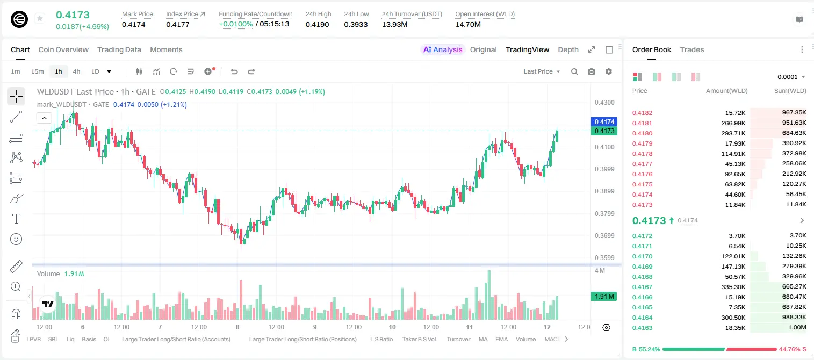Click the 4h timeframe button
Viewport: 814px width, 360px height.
76,71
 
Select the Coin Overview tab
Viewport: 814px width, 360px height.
63,50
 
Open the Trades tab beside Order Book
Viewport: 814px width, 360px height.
692,50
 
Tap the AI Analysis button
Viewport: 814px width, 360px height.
443,50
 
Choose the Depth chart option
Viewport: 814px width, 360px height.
568,50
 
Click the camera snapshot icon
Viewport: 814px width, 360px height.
592,71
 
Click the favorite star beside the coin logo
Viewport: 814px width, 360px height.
40,18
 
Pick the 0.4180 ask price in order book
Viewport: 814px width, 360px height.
642,133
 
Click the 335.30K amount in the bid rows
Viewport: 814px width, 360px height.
733,287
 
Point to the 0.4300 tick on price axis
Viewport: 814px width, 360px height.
604,103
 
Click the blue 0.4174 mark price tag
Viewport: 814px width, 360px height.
604,121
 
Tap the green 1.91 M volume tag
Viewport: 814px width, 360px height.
604,297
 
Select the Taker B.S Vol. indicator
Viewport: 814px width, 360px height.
419,339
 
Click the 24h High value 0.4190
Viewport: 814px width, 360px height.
317,24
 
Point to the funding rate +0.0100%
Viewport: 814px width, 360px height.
235,24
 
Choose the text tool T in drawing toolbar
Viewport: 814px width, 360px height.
16,219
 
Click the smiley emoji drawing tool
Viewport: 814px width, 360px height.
16,239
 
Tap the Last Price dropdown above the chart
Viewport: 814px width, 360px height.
542,71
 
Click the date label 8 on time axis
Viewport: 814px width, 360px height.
237,327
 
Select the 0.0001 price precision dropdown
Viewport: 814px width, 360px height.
791,77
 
